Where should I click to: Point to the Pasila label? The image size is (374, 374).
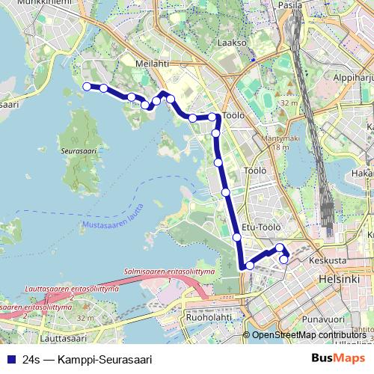pyautogui.click(x=289, y=4)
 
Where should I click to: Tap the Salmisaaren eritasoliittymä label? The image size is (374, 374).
pyautogui.click(x=170, y=270)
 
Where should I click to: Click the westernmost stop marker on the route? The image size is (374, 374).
pyautogui.click(x=87, y=87)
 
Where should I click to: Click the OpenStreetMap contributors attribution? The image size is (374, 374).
pyautogui.click(x=308, y=335)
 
